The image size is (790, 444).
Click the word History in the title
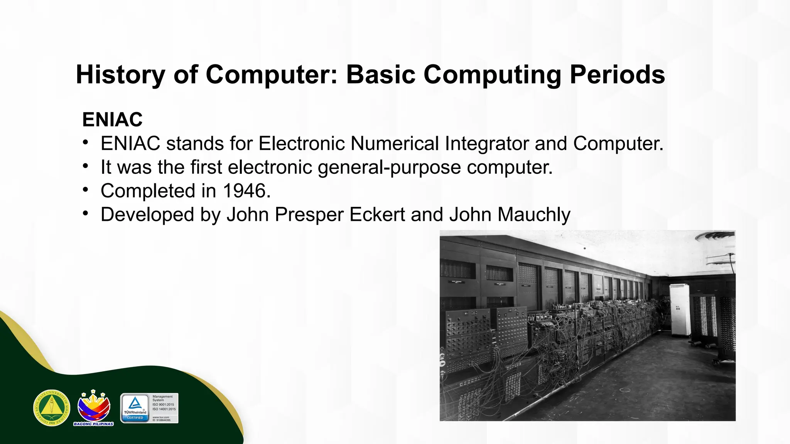120,74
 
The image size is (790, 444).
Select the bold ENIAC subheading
112,119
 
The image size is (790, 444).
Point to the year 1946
245,191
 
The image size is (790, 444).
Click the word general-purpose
389,167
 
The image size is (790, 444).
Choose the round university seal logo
52,408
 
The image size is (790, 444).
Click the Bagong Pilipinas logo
94,408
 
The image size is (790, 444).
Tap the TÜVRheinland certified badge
135,408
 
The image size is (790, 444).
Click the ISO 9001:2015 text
163,405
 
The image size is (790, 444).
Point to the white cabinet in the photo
680,309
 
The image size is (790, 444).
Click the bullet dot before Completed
86,190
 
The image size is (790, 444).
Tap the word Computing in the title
493,74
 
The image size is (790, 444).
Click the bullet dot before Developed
86,214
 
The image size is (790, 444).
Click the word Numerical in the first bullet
395,143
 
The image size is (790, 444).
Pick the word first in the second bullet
206,167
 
